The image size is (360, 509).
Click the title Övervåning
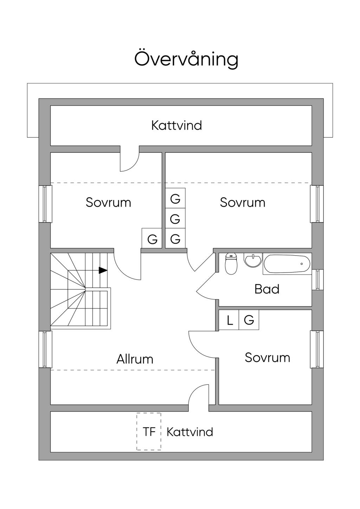point(186,59)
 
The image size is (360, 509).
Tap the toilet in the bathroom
point(231,264)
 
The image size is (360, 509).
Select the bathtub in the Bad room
point(287,264)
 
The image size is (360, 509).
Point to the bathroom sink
point(253,260)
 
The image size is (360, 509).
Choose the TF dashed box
point(149,432)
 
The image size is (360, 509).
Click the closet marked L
point(229,320)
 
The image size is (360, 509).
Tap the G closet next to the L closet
point(249,320)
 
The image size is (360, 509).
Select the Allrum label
point(135,359)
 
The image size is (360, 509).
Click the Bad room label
point(267,289)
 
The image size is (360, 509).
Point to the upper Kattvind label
point(176,125)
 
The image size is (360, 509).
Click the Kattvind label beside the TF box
point(190,432)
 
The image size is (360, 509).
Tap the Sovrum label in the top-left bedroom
point(108,202)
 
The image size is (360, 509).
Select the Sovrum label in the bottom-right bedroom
point(268,358)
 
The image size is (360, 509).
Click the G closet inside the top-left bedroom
point(152,239)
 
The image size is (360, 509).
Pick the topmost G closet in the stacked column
point(175,199)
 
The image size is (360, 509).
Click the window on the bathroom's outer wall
point(317,280)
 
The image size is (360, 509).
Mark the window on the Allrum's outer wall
point(45,349)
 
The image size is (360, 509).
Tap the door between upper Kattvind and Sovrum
point(129,161)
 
